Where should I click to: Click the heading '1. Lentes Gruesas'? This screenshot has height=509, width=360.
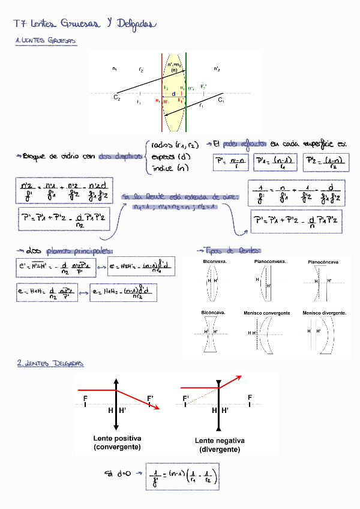46,41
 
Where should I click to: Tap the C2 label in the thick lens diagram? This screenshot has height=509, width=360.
117,97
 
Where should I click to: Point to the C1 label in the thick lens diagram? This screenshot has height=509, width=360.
221,100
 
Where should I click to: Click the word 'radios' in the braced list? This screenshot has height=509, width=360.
163,144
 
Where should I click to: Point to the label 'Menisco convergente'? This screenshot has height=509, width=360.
267,313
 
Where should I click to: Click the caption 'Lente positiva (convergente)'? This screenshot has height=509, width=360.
117,442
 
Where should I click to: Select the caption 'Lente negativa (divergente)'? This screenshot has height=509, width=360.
220,445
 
